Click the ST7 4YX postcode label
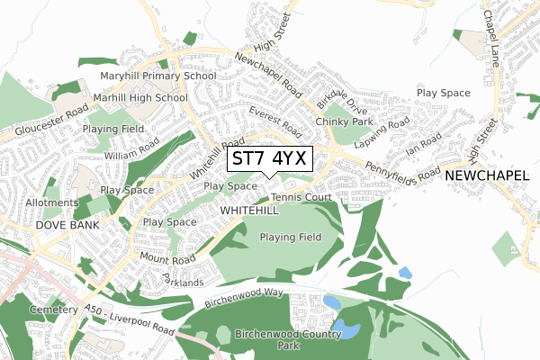pos(270,159)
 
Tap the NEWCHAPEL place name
pos(486,175)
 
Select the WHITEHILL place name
pos(249,209)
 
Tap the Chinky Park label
pos(344,121)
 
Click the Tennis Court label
pos(301,197)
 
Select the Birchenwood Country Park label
pos(278,339)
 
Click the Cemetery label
pos(53,310)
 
